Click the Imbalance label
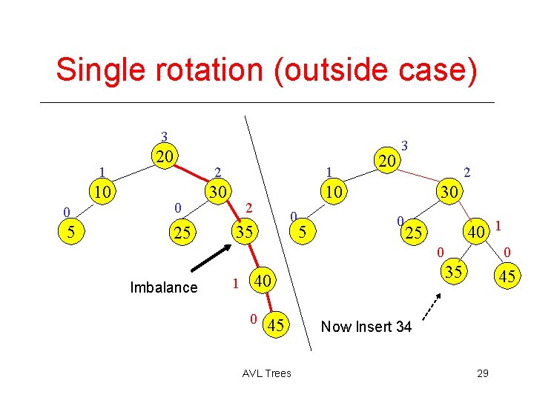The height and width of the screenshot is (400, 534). click(x=163, y=287)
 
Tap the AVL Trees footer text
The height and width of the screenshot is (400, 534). click(x=266, y=373)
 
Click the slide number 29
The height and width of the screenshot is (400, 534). click(x=482, y=373)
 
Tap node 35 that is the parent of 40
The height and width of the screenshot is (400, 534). click(x=244, y=233)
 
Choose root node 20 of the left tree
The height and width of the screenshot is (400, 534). click(x=165, y=156)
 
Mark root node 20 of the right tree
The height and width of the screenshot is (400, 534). click(x=386, y=161)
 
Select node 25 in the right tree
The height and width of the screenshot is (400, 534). click(x=414, y=233)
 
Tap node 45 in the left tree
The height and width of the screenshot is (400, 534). click(x=275, y=324)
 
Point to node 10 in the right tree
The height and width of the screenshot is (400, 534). click(x=334, y=193)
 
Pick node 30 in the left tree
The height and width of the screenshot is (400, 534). click(x=217, y=191)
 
